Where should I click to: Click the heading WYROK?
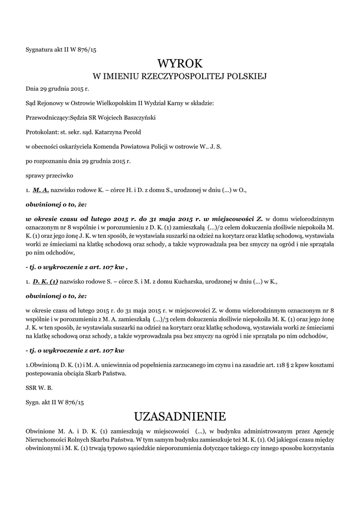180,63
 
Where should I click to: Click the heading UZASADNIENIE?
180,415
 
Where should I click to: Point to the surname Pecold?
133,132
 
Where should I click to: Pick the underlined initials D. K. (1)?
45,281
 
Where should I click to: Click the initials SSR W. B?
39,387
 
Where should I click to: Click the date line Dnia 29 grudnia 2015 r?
57,89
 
